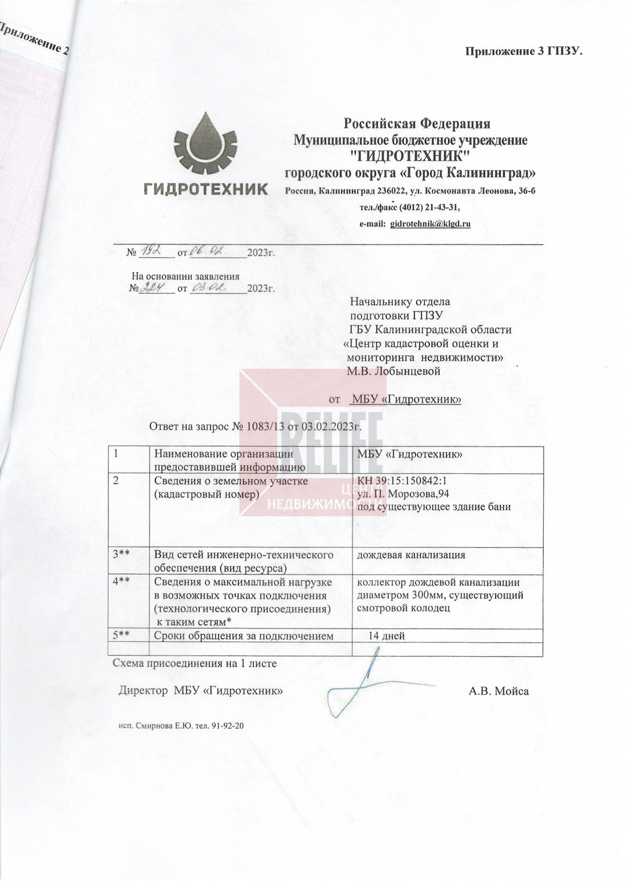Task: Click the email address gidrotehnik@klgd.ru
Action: [x=430, y=224]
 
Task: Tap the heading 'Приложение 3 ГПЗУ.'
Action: [x=523, y=51]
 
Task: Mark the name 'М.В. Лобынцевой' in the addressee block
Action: [x=394, y=371]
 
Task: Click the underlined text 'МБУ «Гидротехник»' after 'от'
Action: [x=406, y=399]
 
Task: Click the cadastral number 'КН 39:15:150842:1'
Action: [x=402, y=481]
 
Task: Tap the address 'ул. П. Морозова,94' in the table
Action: [x=403, y=493]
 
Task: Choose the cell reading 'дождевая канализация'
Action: [x=411, y=555]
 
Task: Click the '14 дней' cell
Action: [x=387, y=636]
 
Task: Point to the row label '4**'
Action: [x=121, y=582]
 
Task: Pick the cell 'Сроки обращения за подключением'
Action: [x=243, y=636]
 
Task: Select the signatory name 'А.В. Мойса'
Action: [x=498, y=691]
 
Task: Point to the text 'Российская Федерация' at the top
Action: [x=417, y=123]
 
